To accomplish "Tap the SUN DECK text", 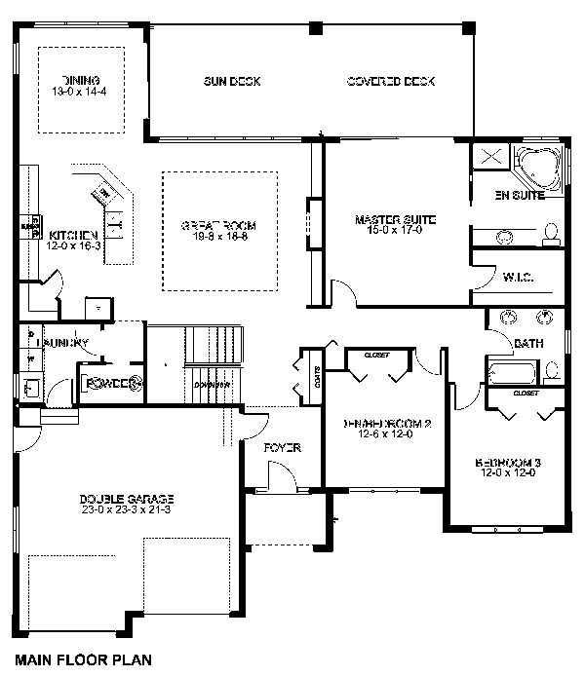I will click(x=231, y=81).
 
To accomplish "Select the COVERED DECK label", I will click(x=390, y=81).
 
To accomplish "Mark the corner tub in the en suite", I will click(x=537, y=167).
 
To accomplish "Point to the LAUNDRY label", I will click(x=62, y=343).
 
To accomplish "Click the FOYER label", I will click(x=282, y=448).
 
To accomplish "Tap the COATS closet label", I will click(x=318, y=375).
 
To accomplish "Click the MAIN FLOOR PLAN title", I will click(x=83, y=659).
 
